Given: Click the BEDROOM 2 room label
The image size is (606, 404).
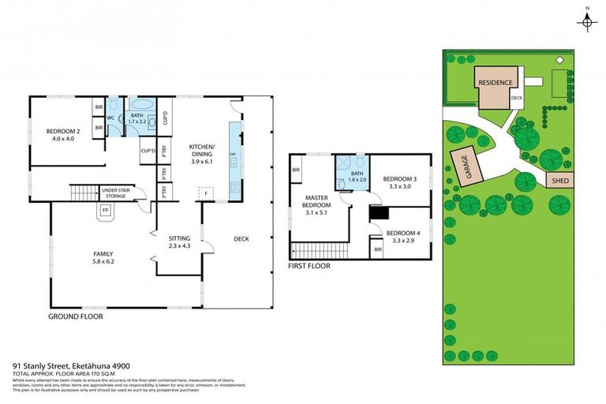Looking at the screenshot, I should coord(63,135).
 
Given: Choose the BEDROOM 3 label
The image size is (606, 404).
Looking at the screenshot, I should coord(398,183).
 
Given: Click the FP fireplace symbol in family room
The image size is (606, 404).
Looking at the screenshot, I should coord(105,211).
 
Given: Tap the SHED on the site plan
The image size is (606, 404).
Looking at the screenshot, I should coord(559,181).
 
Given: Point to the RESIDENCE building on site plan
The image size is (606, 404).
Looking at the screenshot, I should coord(495,83).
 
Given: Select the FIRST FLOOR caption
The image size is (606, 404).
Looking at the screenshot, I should coord(309,266).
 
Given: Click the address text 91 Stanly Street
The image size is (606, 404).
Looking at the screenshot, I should coord(70,366).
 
